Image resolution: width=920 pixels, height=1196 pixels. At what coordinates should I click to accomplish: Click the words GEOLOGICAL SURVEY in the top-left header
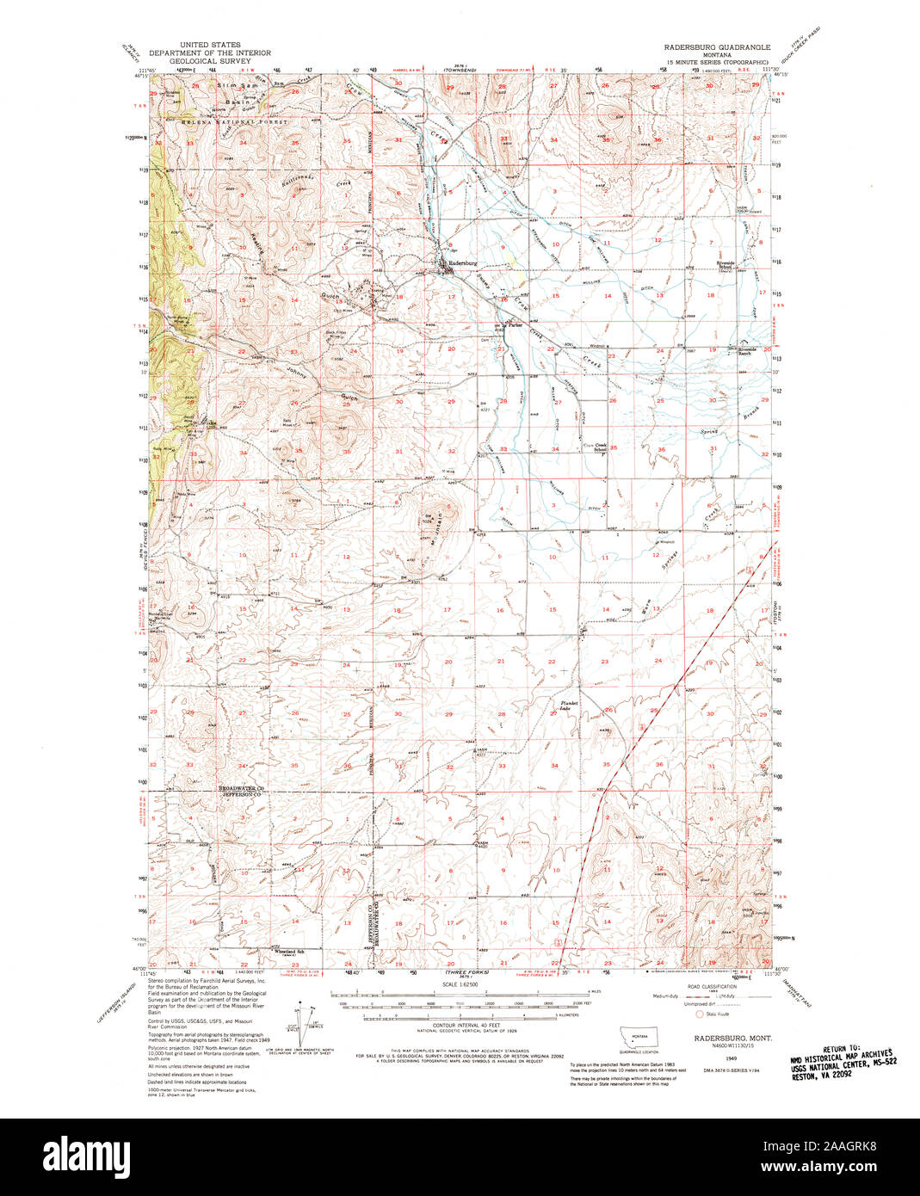(x=205, y=62)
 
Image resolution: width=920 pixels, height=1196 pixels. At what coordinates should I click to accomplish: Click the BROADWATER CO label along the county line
(x=241, y=789)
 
